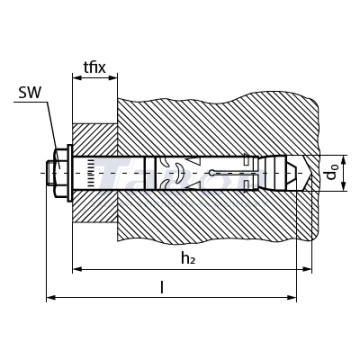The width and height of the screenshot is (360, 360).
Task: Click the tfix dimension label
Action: pyautogui.click(x=95, y=68)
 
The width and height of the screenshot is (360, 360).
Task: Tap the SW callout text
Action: pyautogui.click(x=29, y=93)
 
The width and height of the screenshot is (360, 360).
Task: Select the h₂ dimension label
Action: pyautogui.click(x=188, y=258)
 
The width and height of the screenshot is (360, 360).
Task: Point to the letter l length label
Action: pyautogui.click(x=162, y=287)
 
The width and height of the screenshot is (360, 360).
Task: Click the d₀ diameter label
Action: pyautogui.click(x=332, y=173)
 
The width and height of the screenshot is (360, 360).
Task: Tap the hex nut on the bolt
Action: pyautogui.click(x=61, y=173)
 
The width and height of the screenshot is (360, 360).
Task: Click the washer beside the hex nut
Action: pyautogui.click(x=70, y=173)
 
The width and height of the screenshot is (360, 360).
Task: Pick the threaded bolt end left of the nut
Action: pyautogui.click(x=50, y=173)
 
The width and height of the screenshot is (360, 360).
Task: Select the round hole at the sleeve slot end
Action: pyautogui.click(x=212, y=173)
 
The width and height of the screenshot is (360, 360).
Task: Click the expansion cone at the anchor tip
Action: pyautogui.click(x=275, y=173)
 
